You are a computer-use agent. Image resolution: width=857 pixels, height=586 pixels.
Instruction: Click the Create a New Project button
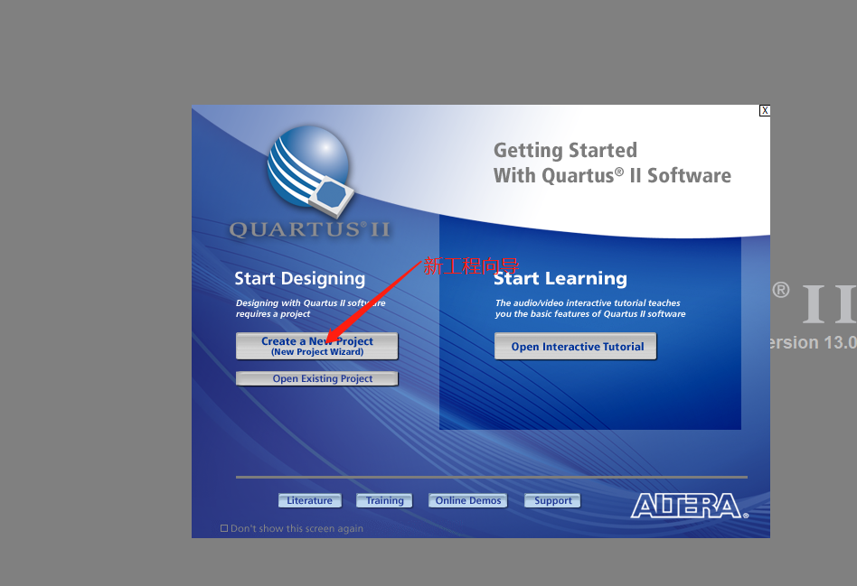click(x=317, y=346)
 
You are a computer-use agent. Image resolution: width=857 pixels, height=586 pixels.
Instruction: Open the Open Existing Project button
click(x=317, y=378)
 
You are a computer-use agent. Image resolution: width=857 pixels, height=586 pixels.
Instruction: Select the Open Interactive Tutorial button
click(x=576, y=346)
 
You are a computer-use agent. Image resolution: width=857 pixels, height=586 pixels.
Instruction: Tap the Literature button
click(x=310, y=500)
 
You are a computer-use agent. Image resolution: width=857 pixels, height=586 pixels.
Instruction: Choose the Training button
click(x=384, y=500)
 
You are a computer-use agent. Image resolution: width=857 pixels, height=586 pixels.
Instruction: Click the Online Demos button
click(x=468, y=500)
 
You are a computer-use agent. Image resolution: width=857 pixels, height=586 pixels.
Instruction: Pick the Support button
click(x=552, y=500)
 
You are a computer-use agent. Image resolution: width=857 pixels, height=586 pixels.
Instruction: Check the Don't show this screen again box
click(x=224, y=528)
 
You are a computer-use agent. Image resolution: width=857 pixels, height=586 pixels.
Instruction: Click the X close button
click(x=765, y=110)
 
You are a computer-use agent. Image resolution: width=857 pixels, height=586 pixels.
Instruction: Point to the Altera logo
click(x=690, y=506)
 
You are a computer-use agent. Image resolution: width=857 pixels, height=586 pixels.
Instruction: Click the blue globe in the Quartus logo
click(x=307, y=166)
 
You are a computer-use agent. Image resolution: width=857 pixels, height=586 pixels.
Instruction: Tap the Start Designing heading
click(x=299, y=278)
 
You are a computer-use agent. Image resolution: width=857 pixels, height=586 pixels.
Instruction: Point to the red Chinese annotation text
click(x=471, y=266)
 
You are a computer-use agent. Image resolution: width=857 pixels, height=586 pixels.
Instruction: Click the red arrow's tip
click(x=327, y=343)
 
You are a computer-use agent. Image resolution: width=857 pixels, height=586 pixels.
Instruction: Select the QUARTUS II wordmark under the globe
click(x=309, y=229)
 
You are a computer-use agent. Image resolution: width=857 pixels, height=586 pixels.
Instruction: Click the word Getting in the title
click(x=529, y=151)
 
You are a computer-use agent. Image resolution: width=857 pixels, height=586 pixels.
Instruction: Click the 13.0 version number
click(x=840, y=342)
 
